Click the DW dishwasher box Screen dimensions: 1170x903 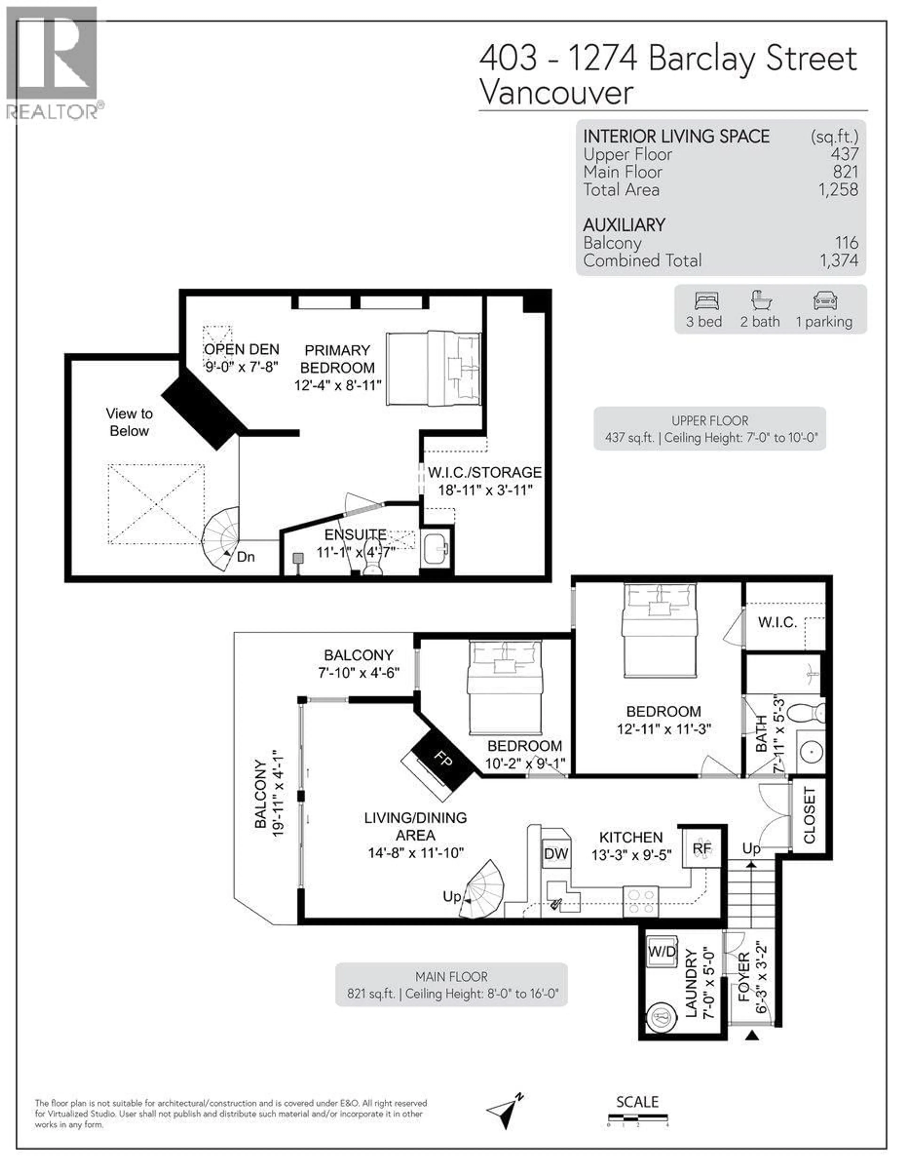pyautogui.click(x=556, y=853)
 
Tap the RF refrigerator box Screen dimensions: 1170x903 pyautogui.click(x=702, y=848)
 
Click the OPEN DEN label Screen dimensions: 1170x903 pyautogui.click(x=242, y=349)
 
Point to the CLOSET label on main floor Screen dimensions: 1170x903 pyautogui.click(x=809, y=815)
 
